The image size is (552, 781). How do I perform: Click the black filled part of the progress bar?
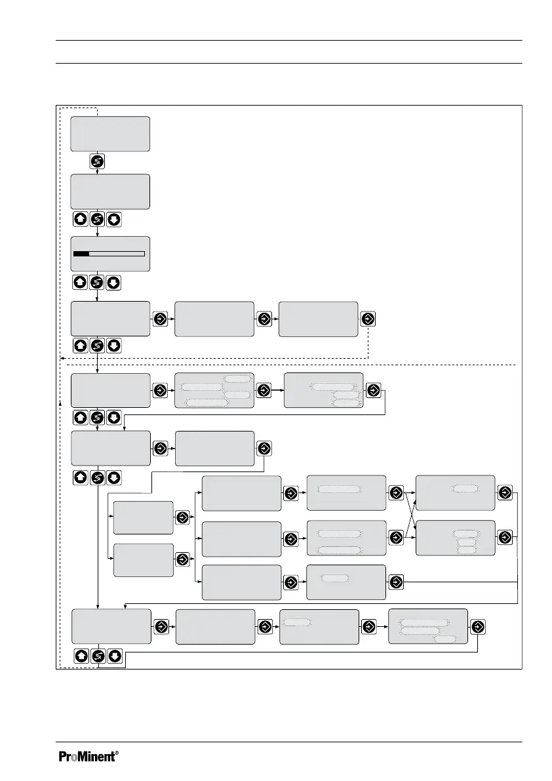point(81,252)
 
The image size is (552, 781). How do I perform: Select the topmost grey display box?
point(110,134)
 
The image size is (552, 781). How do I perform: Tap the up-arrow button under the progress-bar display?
point(80,283)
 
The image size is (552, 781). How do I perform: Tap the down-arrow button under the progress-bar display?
point(113,283)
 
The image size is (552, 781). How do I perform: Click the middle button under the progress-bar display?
point(97,283)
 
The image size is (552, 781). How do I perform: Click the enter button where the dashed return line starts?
point(368,318)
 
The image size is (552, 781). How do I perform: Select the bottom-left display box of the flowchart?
point(110,626)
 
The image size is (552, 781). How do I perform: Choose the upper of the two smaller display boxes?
point(143,518)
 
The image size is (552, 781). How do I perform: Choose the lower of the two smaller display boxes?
point(143,559)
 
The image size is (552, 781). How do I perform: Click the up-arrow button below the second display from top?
point(80,219)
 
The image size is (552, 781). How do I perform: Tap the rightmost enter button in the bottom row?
point(478,626)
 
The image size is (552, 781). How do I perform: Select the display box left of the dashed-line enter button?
point(318,319)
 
